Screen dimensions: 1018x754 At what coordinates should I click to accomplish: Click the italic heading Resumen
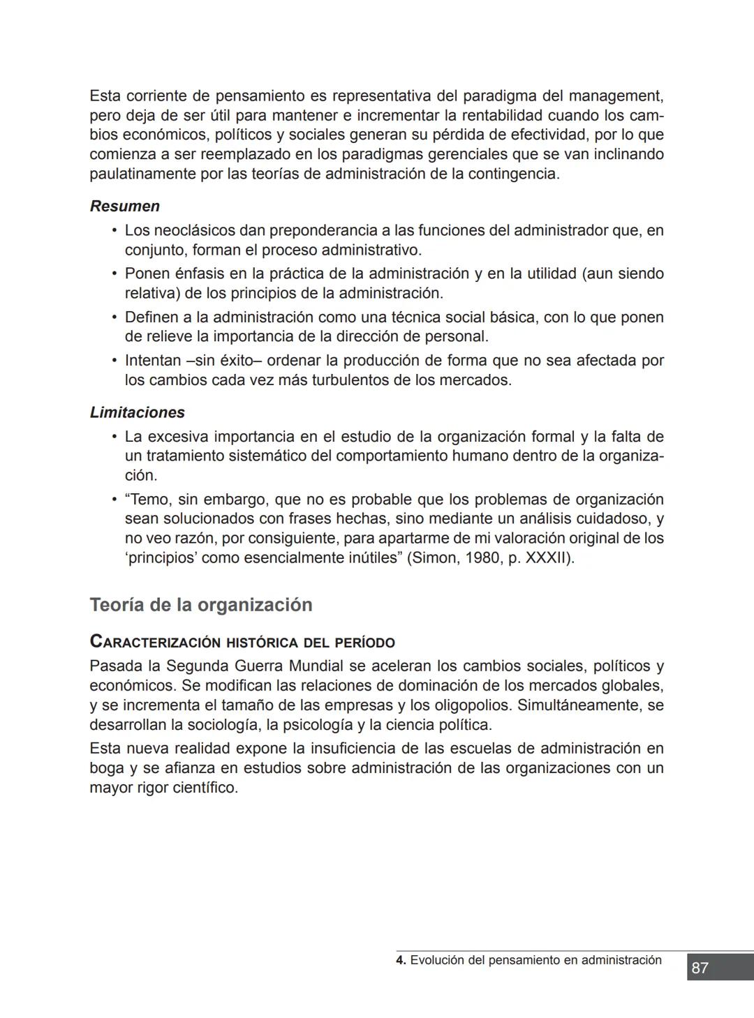coord(124,207)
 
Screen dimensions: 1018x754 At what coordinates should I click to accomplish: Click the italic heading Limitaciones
coord(137,412)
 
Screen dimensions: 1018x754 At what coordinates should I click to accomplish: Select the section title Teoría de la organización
coord(200,605)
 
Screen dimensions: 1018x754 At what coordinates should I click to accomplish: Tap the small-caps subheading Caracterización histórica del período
coord(242,642)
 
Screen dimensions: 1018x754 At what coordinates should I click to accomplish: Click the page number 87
coord(700,968)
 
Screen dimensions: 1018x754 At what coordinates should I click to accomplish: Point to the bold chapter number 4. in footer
coord(401,960)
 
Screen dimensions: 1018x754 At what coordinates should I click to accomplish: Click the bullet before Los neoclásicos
coord(114,230)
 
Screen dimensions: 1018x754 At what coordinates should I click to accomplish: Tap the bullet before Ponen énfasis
coord(114,274)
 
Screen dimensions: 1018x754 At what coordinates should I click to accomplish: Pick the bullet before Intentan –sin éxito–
coord(114,361)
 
